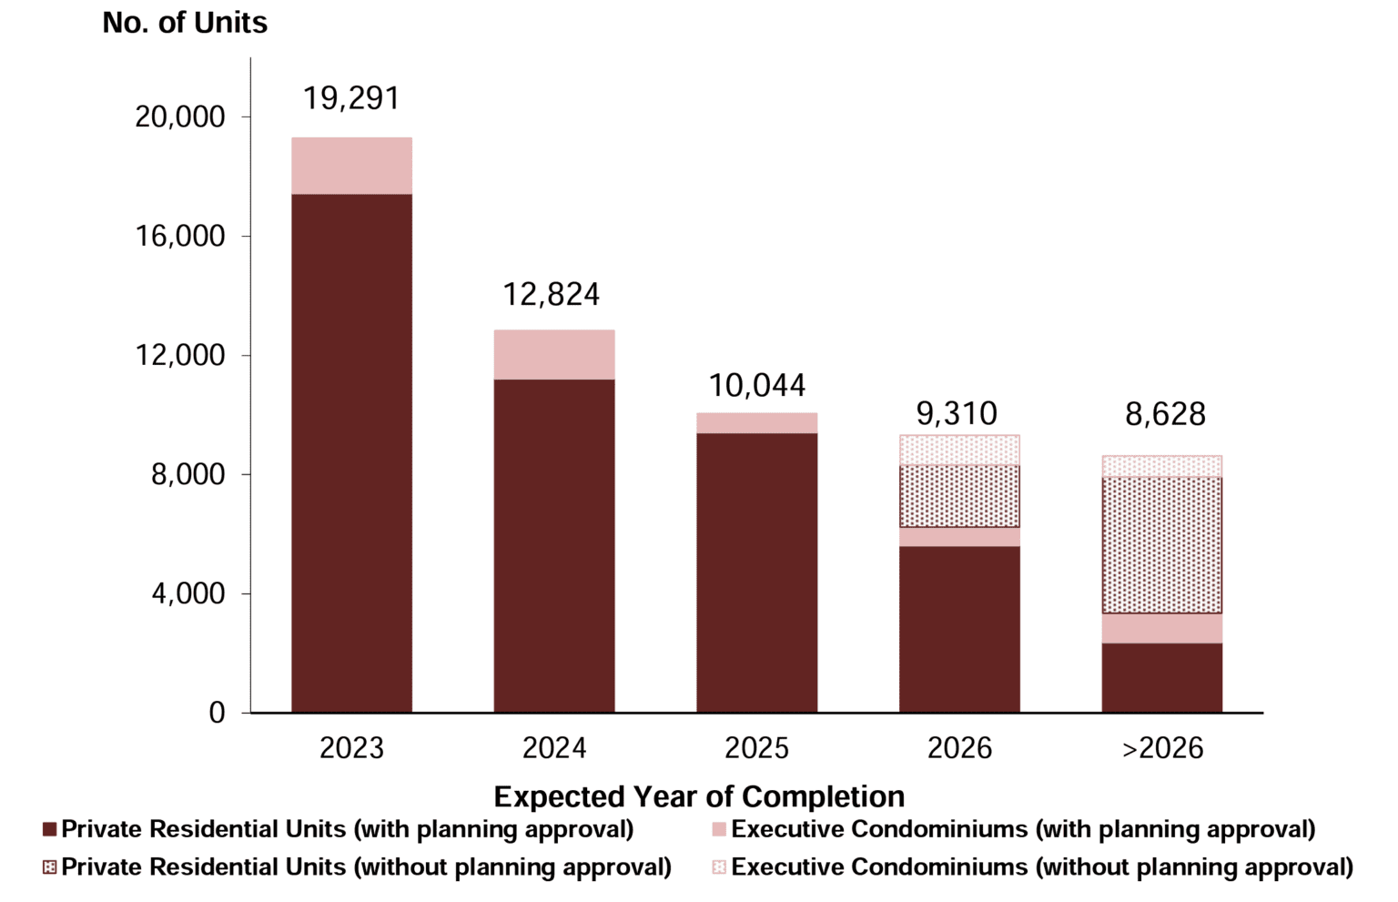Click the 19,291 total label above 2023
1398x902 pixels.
pyautogui.click(x=351, y=98)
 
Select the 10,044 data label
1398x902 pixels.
pyautogui.click(x=756, y=386)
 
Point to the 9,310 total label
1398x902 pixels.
pyautogui.click(x=957, y=414)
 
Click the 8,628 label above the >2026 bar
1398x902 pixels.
pyautogui.click(x=1165, y=415)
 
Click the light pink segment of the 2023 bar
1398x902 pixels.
pyautogui.click(x=351, y=166)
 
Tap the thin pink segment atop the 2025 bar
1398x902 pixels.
pyautogui.click(x=756, y=423)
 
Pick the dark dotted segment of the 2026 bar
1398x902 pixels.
pyautogui.click(x=959, y=496)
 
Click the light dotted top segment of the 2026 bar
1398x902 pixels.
pyautogui.click(x=959, y=450)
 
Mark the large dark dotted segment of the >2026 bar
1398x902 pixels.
pyautogui.click(x=1161, y=544)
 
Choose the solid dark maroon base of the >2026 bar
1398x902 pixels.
pyautogui.click(x=1161, y=677)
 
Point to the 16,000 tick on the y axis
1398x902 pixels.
pyautogui.click(x=179, y=237)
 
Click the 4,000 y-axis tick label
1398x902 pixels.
pyautogui.click(x=187, y=594)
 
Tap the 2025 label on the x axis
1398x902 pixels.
pyautogui.click(x=756, y=748)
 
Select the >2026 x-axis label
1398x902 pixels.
pyautogui.click(x=1162, y=748)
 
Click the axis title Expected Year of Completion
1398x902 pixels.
pyautogui.click(x=698, y=796)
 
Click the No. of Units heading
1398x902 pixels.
pyautogui.click(x=185, y=23)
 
